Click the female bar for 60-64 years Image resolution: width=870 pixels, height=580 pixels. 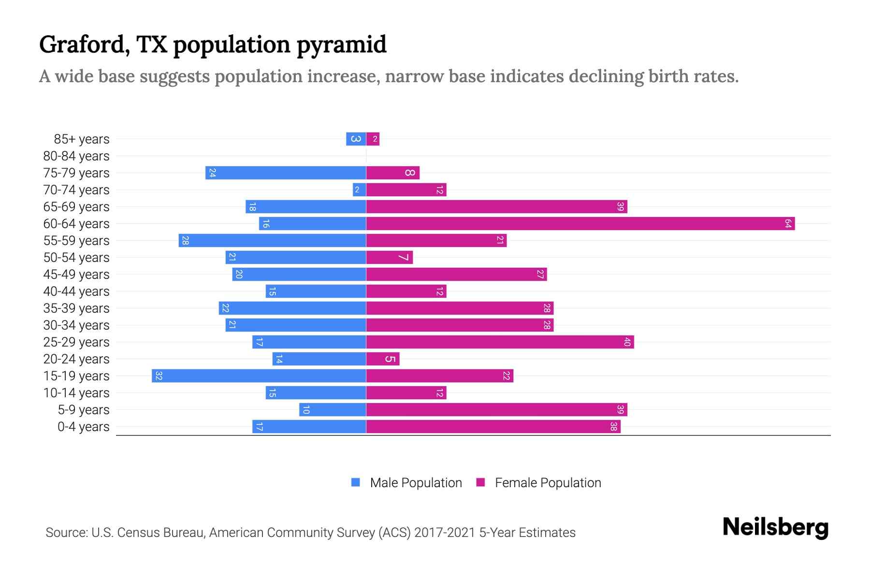click(x=580, y=224)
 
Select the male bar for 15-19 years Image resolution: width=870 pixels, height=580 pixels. click(x=259, y=376)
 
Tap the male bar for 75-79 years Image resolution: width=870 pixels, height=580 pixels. click(x=286, y=173)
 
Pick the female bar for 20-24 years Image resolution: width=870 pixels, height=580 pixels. click(x=383, y=359)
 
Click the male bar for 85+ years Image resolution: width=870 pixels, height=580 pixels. click(x=356, y=139)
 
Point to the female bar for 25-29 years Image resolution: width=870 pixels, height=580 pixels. click(x=500, y=342)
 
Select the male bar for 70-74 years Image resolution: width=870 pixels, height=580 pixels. click(x=360, y=190)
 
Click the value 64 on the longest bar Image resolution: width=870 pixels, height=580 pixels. click(x=788, y=224)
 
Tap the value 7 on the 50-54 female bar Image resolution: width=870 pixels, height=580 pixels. click(x=403, y=258)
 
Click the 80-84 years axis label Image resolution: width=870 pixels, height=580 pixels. click(x=76, y=156)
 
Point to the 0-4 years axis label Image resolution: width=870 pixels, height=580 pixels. click(x=83, y=427)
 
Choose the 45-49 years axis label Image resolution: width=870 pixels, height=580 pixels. click(x=76, y=275)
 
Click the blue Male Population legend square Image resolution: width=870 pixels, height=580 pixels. click(x=356, y=482)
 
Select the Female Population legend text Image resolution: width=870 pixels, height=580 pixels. click(x=548, y=483)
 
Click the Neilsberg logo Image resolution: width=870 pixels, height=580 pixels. click(x=775, y=527)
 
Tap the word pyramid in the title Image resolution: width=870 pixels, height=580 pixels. click(x=341, y=45)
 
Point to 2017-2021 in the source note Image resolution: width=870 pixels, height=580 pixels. click(x=444, y=533)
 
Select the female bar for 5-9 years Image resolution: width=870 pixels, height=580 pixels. click(x=496, y=410)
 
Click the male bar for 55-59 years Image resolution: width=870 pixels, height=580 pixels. click(x=272, y=241)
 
